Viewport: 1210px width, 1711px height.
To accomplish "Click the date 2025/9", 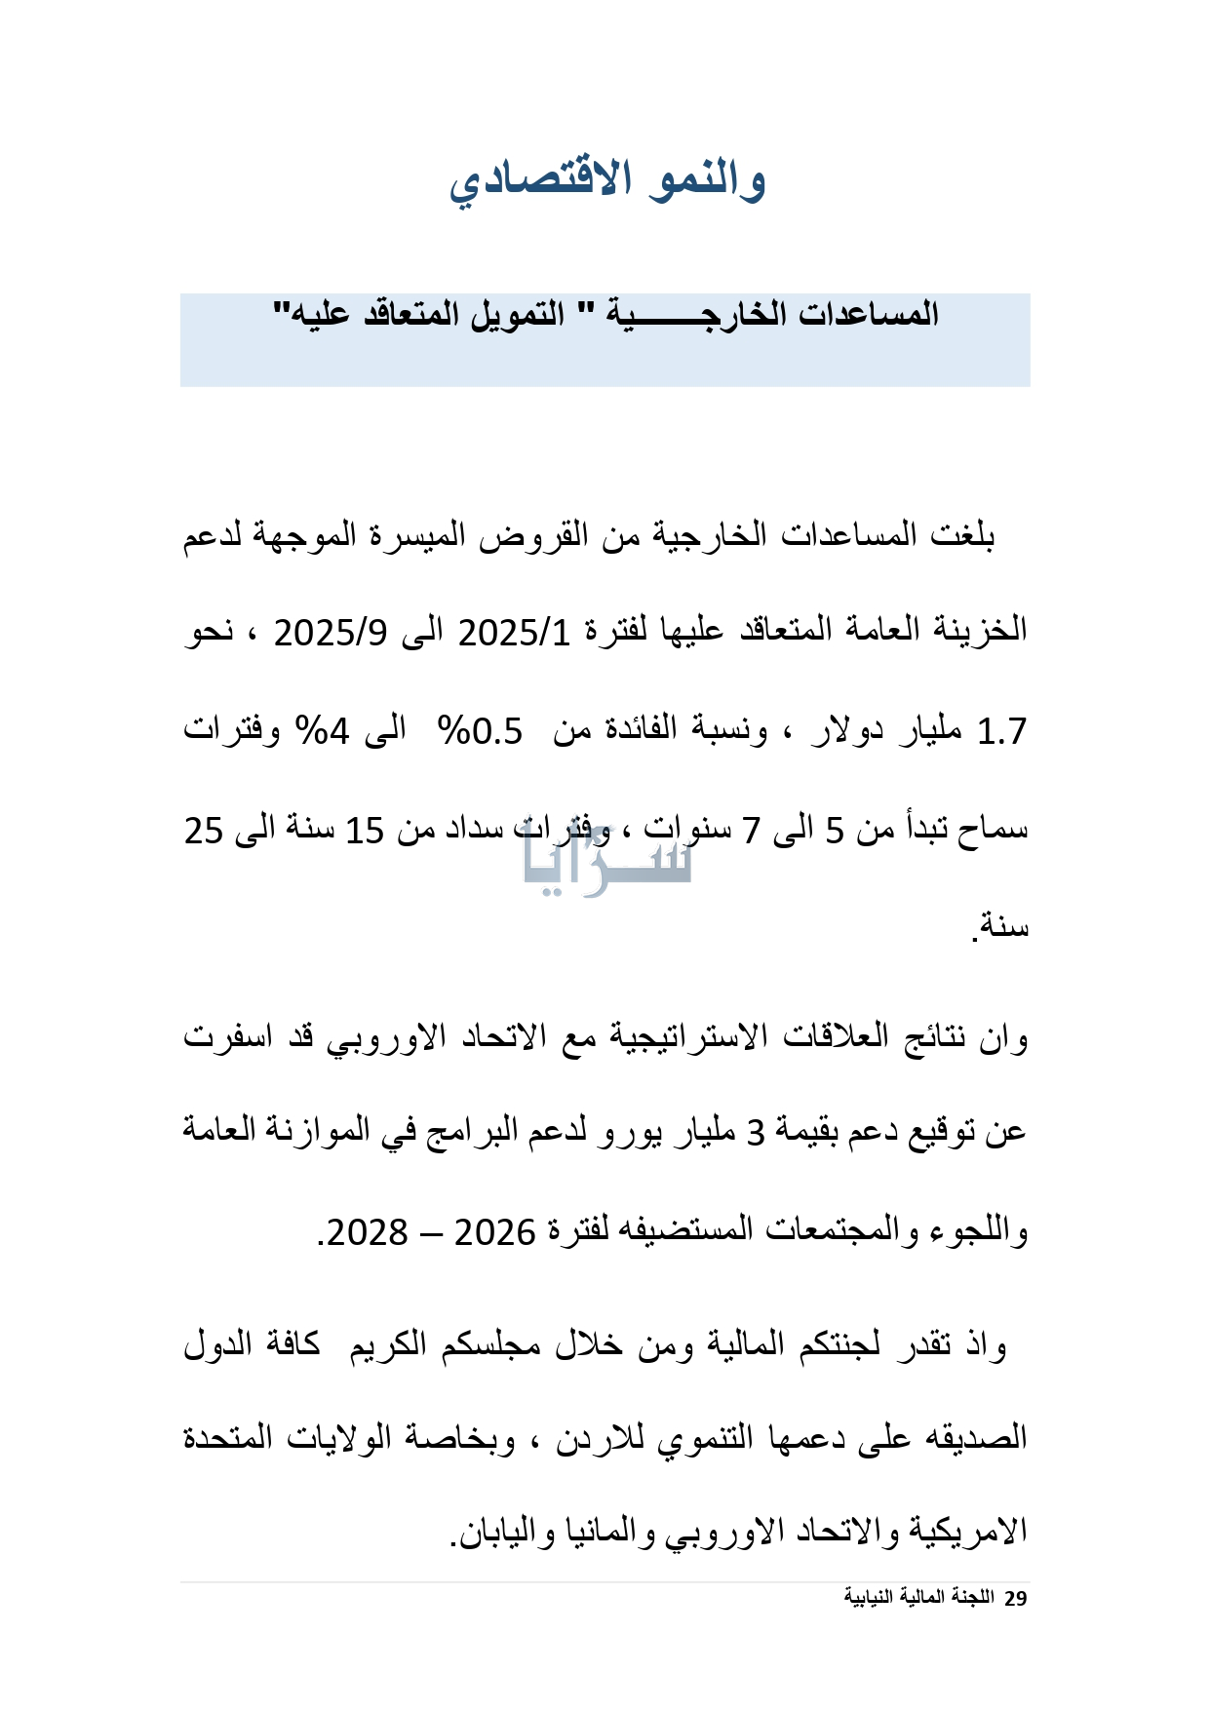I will click(x=331, y=632).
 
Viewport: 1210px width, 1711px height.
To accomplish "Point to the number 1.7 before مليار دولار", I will click(x=1001, y=731).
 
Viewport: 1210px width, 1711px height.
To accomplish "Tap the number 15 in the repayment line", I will click(x=365, y=831).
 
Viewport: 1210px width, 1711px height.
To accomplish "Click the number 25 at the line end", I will click(x=204, y=831).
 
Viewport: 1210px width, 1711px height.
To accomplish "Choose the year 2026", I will click(x=495, y=1232).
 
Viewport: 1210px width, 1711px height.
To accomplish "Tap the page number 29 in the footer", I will click(x=1016, y=1598).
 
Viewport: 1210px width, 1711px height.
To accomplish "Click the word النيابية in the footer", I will click(x=870, y=1598).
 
